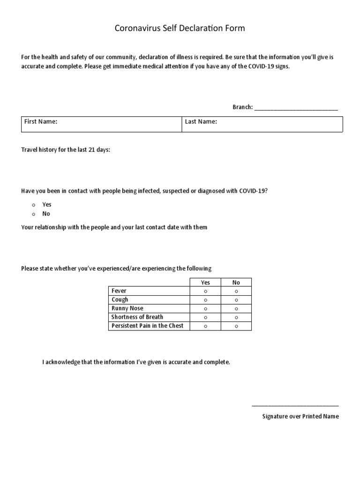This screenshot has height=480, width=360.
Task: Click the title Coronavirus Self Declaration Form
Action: point(180,29)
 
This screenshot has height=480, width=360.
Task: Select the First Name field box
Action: point(101,124)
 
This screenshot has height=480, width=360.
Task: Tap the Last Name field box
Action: point(262,124)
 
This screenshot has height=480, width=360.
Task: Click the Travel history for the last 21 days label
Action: point(66,150)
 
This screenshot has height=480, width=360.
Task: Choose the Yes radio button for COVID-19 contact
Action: point(34,205)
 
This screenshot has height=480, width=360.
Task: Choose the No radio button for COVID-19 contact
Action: point(34,214)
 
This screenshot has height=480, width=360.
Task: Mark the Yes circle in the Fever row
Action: point(205,291)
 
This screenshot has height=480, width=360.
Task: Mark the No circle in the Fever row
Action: point(236,291)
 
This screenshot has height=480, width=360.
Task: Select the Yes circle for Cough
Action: point(205,300)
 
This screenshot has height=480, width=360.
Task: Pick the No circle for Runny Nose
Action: point(236,308)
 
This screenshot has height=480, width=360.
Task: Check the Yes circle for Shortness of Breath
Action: point(205,317)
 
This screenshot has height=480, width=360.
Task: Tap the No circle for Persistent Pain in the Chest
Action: point(236,326)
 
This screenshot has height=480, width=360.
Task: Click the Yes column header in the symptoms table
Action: point(205,283)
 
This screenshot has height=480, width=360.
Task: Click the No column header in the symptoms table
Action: point(236,283)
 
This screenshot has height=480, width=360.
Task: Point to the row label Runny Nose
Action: point(127,308)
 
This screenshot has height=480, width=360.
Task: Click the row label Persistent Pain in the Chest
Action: point(148,326)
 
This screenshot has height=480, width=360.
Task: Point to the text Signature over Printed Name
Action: point(300,416)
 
